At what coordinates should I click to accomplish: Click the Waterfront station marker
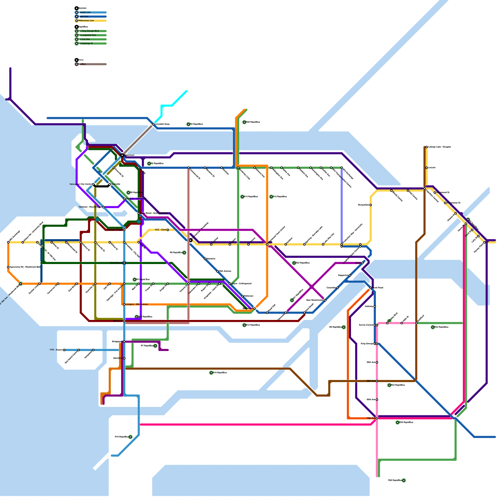tap(122, 155)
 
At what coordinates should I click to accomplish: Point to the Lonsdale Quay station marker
tap(153, 124)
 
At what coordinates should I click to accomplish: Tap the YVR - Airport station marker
tap(64, 350)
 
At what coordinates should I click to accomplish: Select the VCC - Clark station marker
tap(168, 230)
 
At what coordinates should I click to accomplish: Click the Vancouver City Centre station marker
tap(93, 185)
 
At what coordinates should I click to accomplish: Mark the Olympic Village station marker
tap(124, 230)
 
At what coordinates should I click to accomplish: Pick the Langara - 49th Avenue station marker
tap(124, 304)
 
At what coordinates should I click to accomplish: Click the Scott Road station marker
tap(371, 288)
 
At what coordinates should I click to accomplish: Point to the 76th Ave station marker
tap(377, 418)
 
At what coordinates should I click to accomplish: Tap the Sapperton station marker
tap(350, 276)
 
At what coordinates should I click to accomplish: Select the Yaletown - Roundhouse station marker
tap(103, 207)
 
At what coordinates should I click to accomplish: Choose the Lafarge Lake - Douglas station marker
tap(427, 147)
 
